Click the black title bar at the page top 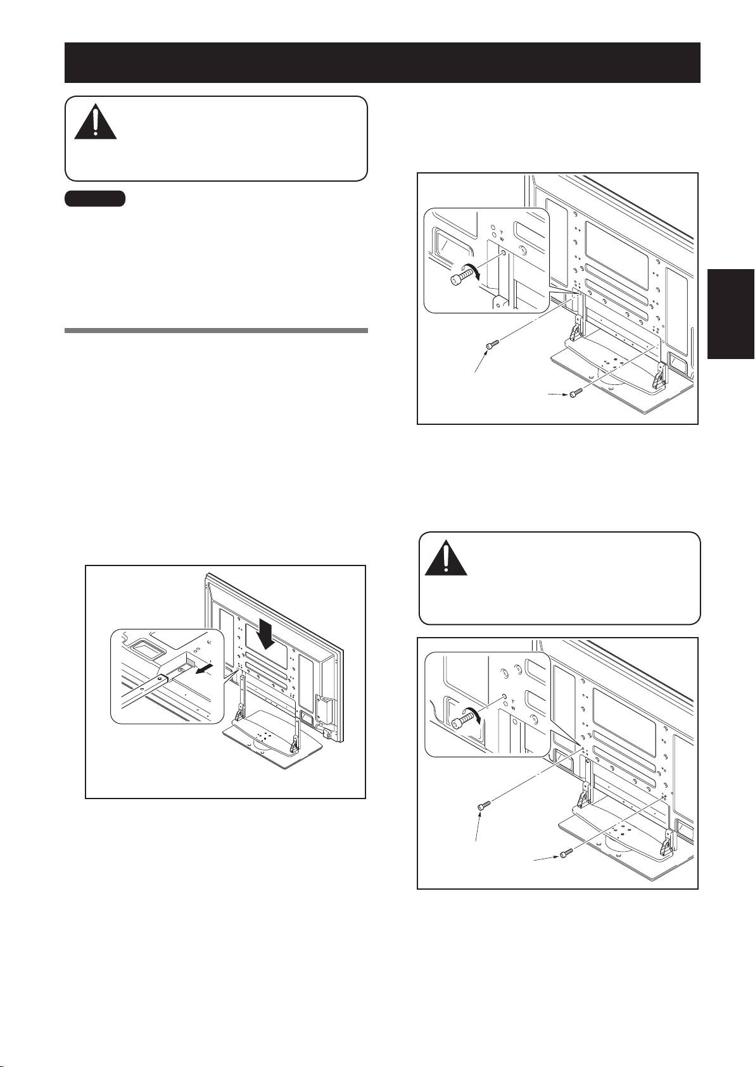382,63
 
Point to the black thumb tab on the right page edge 732,314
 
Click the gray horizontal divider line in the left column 216,330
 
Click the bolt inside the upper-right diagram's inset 460,276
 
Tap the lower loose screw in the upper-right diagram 576,393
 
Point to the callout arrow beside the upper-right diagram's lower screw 558,395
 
